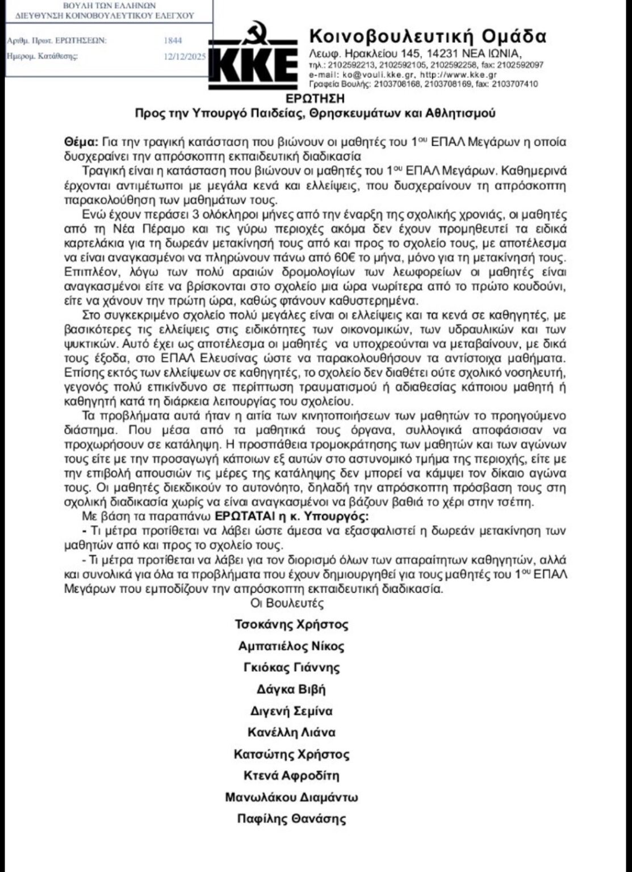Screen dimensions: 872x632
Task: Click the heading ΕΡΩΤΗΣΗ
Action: coord(315,98)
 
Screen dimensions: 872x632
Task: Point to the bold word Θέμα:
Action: coord(81,142)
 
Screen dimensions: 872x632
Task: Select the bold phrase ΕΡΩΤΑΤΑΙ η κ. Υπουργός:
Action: coord(291,517)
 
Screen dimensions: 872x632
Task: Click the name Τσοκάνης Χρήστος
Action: coord(291,624)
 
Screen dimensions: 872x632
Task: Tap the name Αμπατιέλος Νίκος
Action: coord(291,646)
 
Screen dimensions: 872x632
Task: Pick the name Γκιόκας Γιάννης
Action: coord(291,668)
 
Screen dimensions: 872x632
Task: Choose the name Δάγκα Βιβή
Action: coord(291,689)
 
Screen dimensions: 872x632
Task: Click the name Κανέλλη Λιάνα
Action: coord(291,732)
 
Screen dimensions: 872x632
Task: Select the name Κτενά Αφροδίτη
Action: coord(291,775)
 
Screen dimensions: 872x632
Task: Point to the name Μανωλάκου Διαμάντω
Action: coord(291,797)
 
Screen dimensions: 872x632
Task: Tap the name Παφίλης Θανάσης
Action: coord(291,819)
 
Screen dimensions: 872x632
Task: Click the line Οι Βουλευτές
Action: coord(287,603)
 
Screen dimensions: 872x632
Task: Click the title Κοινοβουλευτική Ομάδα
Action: coord(428,37)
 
